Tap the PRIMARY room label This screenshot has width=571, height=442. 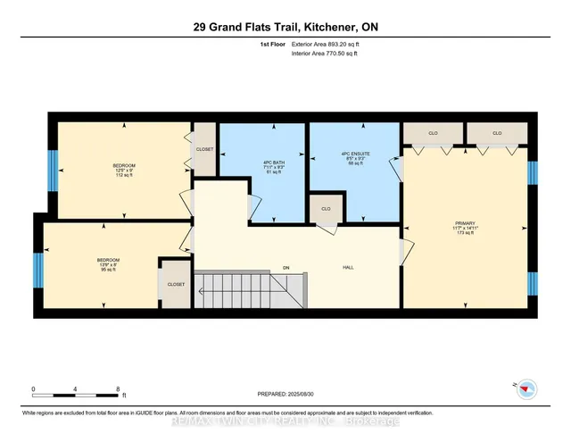pos(465,222)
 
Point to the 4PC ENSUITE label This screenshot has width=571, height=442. pos(354,154)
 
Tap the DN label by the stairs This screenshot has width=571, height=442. pos(286,266)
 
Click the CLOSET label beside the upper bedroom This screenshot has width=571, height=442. pos(204,149)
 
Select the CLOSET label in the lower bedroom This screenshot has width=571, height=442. pos(176,284)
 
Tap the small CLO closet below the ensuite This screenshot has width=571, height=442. pos(326,209)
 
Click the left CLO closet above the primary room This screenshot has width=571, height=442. pos(433,133)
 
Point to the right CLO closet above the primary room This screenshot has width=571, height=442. pos(497,133)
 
